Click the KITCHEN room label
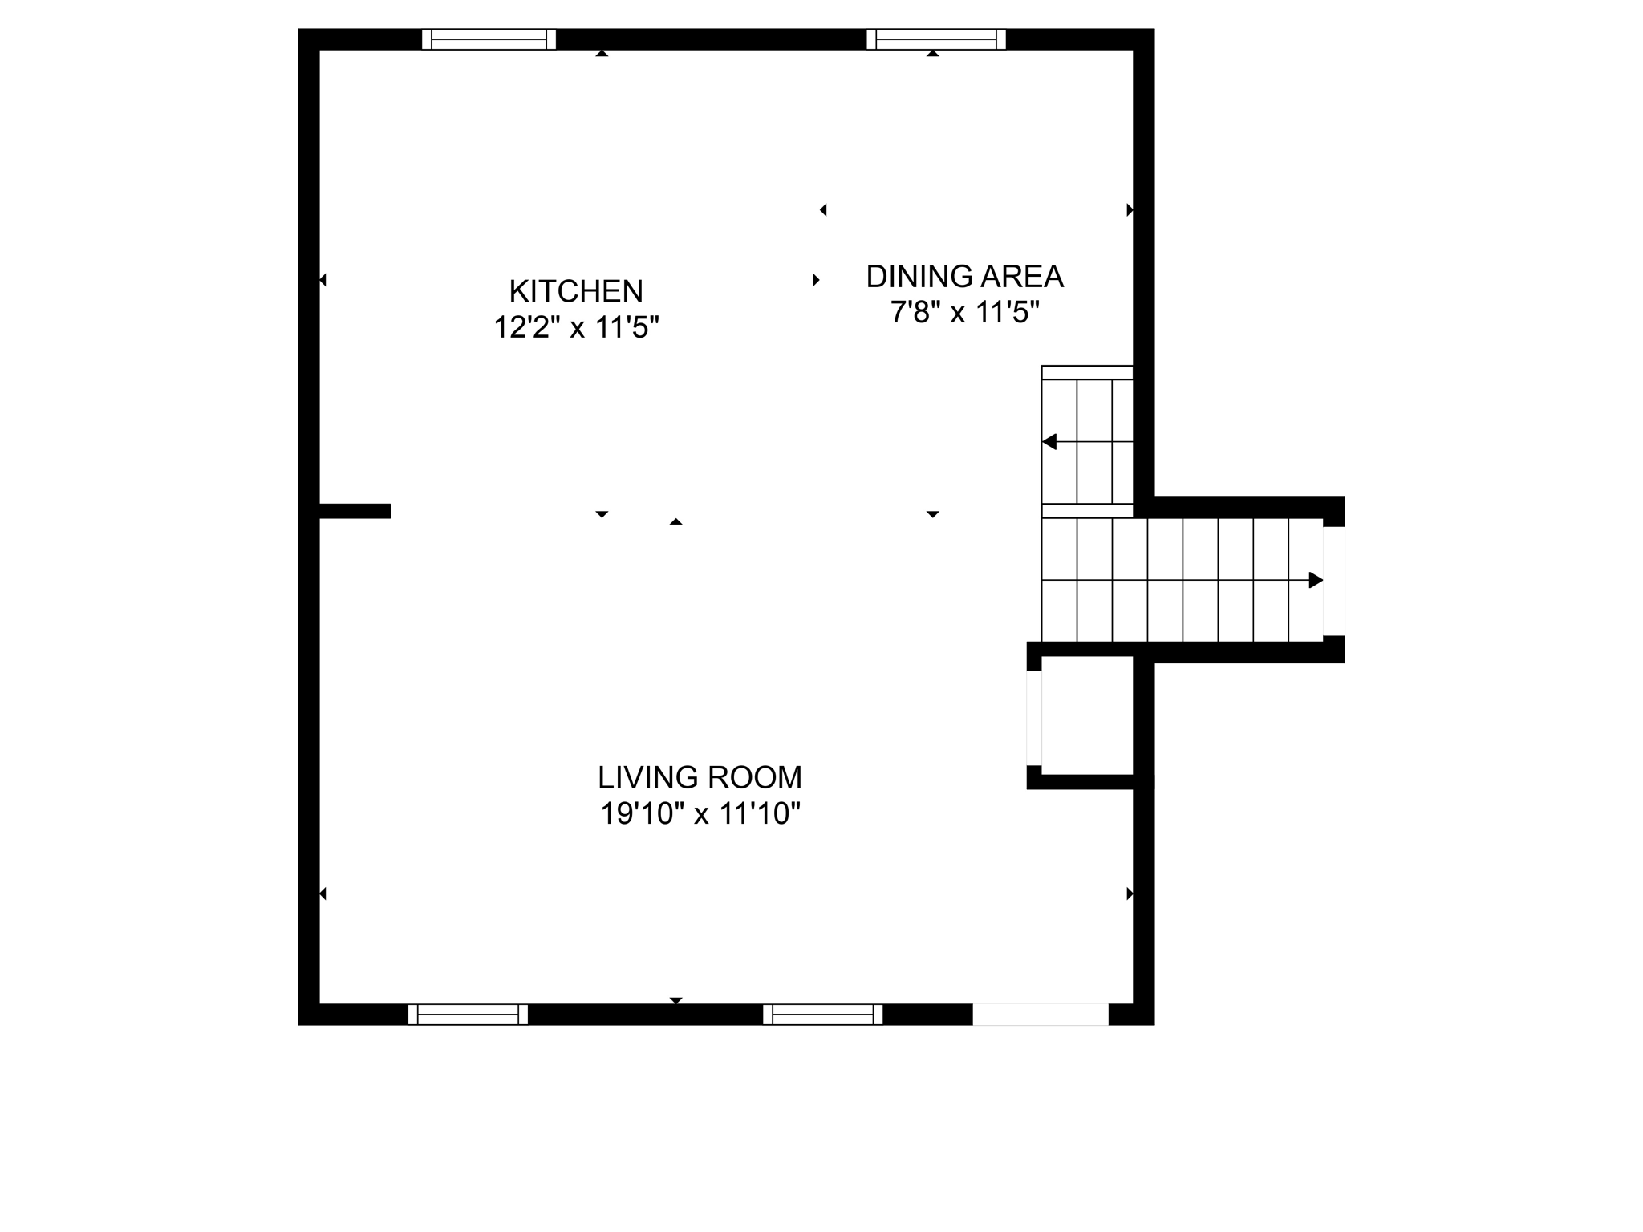(x=576, y=291)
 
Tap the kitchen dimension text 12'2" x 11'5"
(x=576, y=327)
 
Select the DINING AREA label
(x=964, y=277)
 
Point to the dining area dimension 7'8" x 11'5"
(x=964, y=312)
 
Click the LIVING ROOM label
(x=700, y=777)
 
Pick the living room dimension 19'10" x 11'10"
(x=700, y=814)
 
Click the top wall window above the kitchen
(x=489, y=39)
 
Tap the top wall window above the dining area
(x=936, y=39)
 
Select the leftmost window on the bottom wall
(x=469, y=1015)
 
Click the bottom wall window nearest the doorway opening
(x=822, y=1015)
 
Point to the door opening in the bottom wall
(x=1041, y=1015)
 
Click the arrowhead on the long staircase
(x=1316, y=580)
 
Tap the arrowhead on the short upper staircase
(x=1049, y=442)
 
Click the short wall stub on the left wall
(x=354, y=511)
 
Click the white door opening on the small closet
(x=1034, y=718)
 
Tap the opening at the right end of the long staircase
(x=1334, y=581)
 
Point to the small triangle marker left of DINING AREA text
(x=816, y=280)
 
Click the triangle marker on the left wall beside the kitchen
(x=323, y=280)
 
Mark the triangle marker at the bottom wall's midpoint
(x=676, y=1000)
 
